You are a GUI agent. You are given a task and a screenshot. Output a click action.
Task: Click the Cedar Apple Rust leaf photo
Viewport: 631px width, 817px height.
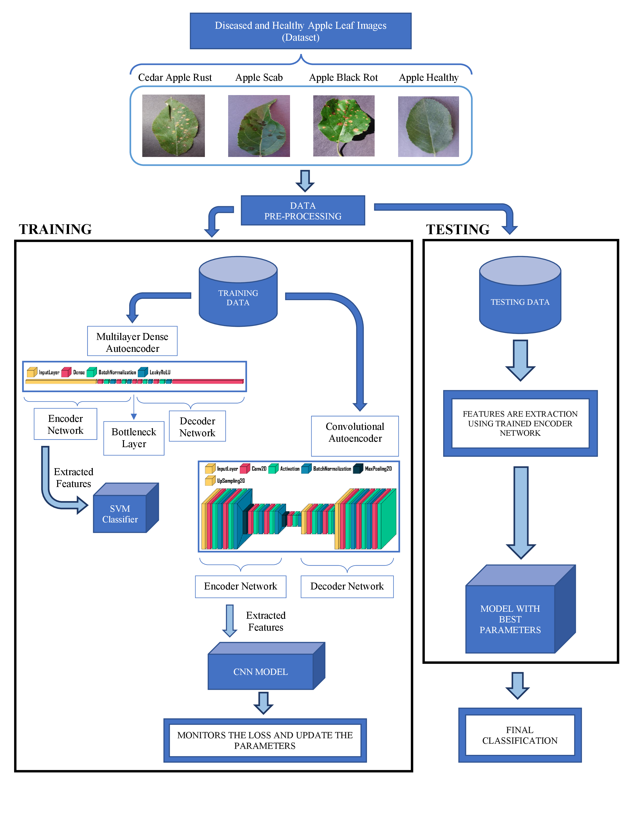point(173,126)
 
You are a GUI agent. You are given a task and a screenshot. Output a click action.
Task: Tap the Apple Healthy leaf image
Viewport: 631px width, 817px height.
point(428,127)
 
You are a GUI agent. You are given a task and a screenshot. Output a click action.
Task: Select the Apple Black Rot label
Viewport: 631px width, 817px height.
point(343,77)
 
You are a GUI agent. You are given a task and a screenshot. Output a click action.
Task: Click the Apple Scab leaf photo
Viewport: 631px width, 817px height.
point(259,126)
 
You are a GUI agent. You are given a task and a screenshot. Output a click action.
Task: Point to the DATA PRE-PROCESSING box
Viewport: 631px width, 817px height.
point(303,211)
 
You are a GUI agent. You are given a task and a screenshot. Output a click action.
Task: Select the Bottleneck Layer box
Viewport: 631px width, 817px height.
point(134,438)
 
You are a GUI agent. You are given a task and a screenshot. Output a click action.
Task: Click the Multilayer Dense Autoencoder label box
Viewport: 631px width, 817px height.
point(132,342)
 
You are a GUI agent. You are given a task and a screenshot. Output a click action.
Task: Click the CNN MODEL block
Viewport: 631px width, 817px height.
point(261,671)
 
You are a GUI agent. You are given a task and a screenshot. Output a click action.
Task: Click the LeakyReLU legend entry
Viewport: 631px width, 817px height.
point(154,372)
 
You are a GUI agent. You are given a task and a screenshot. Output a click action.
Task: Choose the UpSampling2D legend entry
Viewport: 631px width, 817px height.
point(225,481)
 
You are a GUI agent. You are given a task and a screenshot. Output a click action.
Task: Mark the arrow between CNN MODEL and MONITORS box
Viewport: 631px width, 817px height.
point(264,703)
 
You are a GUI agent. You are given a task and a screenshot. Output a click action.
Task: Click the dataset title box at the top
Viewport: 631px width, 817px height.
point(301,31)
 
